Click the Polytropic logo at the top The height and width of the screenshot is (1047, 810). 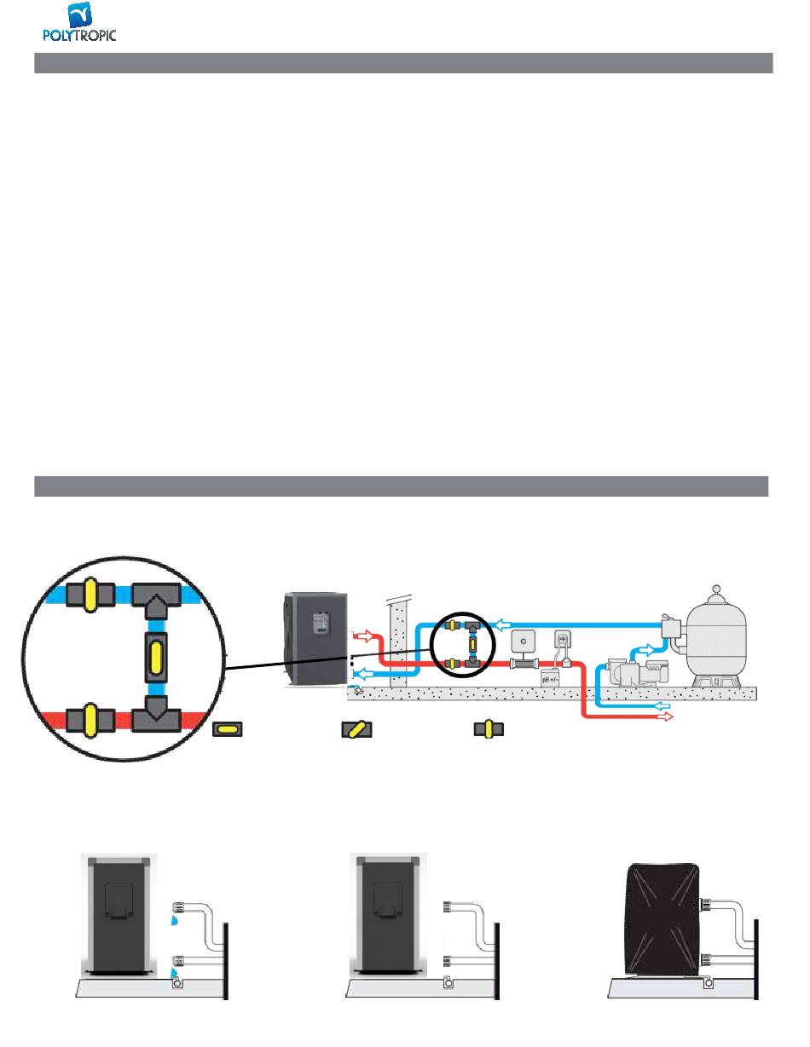[x=79, y=21]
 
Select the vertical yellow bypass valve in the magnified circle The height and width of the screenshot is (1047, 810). [x=156, y=658]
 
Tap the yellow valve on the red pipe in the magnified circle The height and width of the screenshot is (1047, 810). [x=90, y=721]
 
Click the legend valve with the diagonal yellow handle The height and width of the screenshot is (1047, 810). [x=356, y=729]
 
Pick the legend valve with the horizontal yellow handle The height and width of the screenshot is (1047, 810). [x=228, y=729]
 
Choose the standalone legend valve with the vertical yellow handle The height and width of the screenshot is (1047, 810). [x=489, y=728]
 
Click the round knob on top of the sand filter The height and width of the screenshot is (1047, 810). [x=716, y=589]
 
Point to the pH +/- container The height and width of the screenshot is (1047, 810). [x=550, y=677]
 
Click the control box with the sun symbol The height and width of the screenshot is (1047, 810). [x=524, y=641]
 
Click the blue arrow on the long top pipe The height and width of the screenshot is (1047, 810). [x=504, y=625]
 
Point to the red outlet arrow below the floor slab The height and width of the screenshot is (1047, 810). [x=665, y=717]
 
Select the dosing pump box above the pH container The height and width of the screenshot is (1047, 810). [x=562, y=640]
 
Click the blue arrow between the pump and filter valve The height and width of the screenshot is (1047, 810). [x=646, y=650]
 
